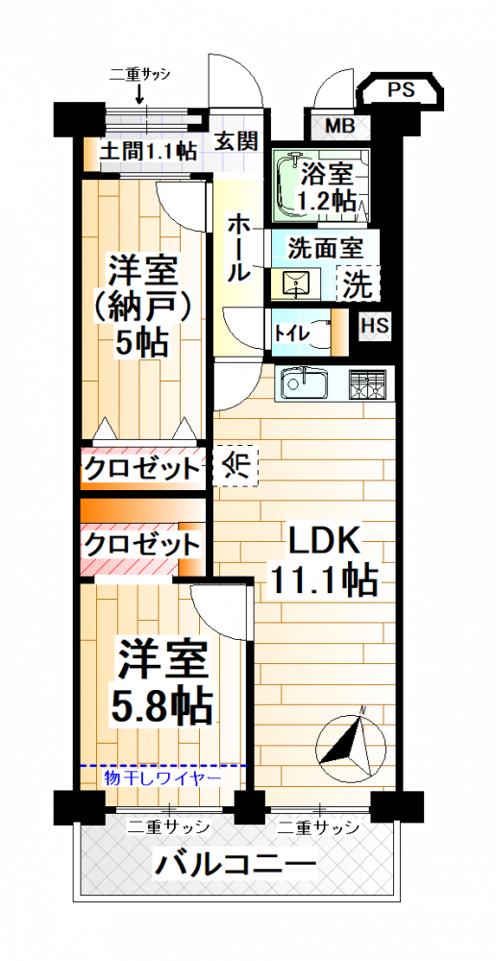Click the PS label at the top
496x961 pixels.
pos(401,90)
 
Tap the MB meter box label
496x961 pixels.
pos(339,127)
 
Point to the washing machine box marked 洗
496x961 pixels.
pos(358,283)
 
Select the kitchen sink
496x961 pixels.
pos(305,384)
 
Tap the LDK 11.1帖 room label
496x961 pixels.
pos(323,561)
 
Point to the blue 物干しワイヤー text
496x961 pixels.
pos(162,778)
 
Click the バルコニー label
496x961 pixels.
pos(235,865)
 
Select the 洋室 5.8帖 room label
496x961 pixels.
pos(163,679)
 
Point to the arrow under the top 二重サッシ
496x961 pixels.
pos(139,94)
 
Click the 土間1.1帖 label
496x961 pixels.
pos(147,149)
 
